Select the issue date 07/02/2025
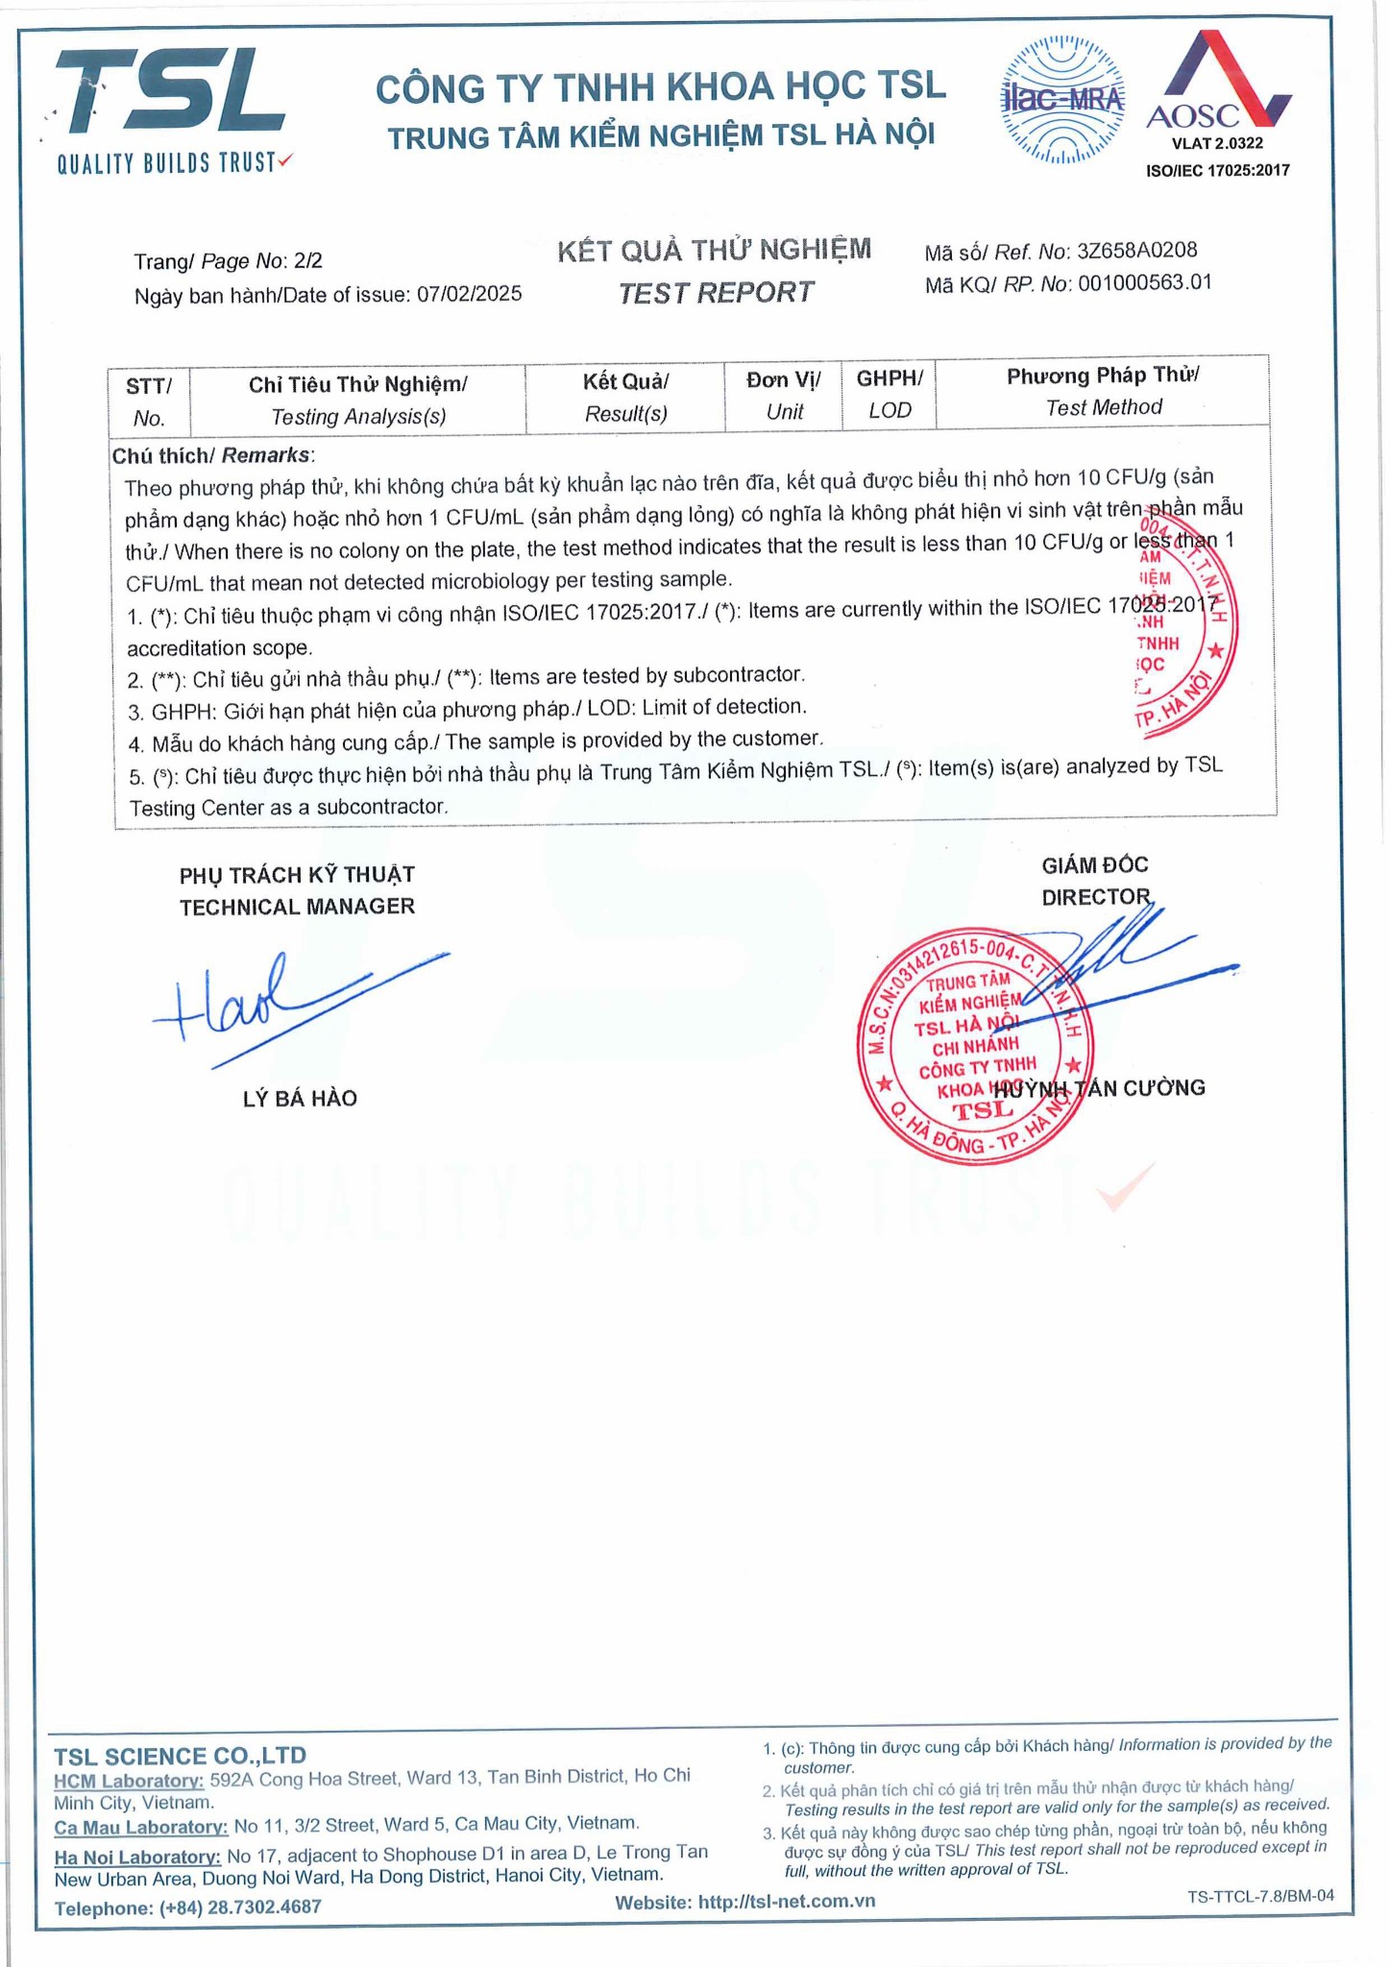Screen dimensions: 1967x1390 469,294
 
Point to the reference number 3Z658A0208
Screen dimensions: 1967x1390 1136,252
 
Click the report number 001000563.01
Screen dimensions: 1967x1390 1144,282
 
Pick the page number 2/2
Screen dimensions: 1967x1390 308,261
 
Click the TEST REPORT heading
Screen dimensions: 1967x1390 716,292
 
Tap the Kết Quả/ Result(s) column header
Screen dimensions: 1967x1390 625,398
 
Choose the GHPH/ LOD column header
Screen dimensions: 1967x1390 889,395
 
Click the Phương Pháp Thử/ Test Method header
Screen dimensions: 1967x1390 1103,391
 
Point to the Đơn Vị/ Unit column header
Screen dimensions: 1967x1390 784,396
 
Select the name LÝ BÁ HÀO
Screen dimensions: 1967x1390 300,1098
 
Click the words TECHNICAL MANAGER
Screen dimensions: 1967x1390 297,906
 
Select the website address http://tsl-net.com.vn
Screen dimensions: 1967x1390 787,1901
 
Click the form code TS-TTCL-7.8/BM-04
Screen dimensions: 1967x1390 1260,1895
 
